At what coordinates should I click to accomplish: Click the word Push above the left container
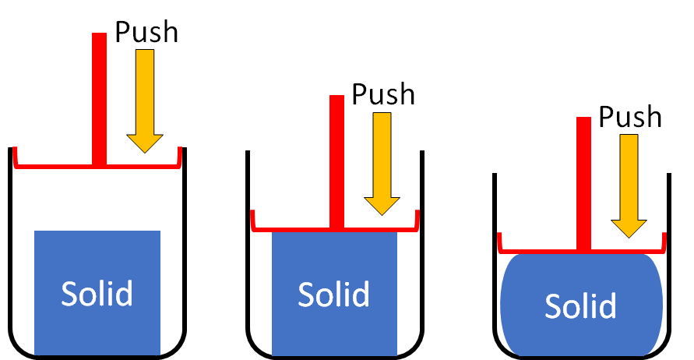pos(146,32)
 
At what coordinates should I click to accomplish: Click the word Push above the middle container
pos(383,94)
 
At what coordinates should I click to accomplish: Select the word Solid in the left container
pos(97,294)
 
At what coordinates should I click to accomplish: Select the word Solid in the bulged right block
pos(581,306)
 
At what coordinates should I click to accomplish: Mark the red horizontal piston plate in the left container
pos(55,165)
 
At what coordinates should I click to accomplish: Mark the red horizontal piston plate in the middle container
pos(288,228)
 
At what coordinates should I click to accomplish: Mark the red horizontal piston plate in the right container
pos(537,252)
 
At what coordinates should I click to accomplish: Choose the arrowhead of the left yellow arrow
pos(145,143)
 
